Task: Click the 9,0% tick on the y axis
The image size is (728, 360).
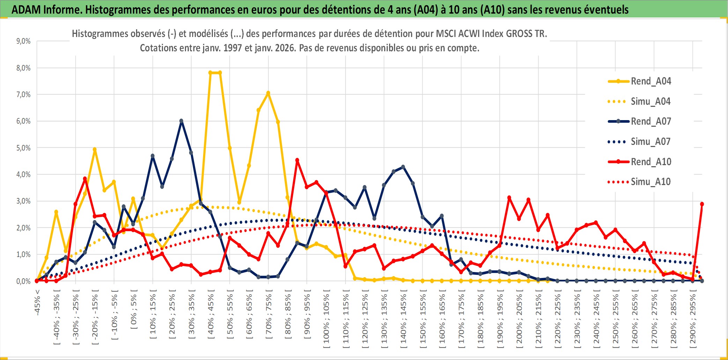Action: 23,41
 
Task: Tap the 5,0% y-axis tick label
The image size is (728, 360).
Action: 23,148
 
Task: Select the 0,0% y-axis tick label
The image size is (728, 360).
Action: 23,281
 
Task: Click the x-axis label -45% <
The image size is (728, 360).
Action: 37,302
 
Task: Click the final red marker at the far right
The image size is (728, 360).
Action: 702,204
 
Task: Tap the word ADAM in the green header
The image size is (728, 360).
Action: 26,9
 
